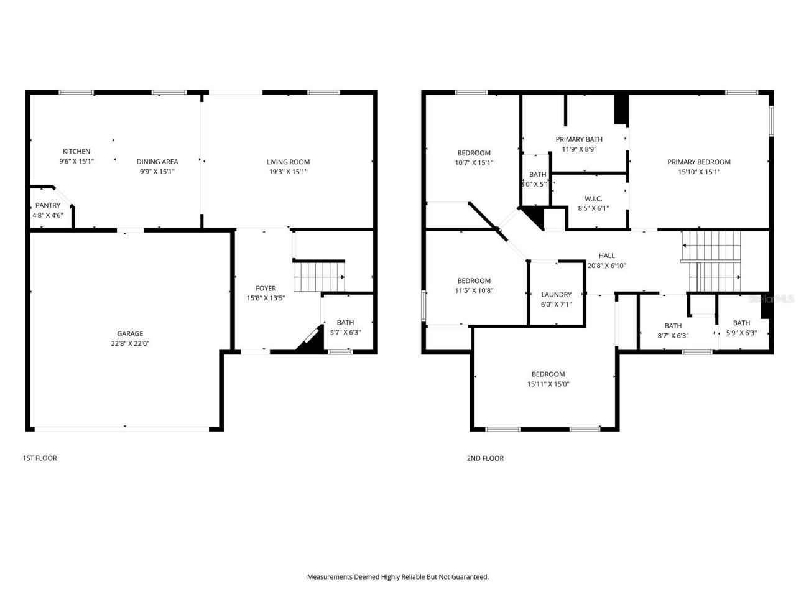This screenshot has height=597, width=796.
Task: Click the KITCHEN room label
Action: [x=76, y=151]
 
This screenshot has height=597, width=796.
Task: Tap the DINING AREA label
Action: [x=157, y=162]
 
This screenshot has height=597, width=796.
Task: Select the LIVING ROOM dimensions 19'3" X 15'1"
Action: [x=288, y=171]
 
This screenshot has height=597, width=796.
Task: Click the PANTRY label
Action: [x=48, y=205]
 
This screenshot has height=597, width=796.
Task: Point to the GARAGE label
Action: [x=130, y=333]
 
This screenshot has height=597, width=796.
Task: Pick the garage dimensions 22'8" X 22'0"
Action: [x=130, y=343]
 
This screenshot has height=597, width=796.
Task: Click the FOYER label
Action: [x=266, y=288]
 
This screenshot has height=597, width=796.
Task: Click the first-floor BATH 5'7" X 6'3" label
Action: [x=345, y=322]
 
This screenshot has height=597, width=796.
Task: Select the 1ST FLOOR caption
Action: [x=40, y=458]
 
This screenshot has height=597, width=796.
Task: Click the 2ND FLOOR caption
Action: [x=485, y=458]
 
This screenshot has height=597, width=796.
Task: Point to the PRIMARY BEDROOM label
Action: [x=698, y=162]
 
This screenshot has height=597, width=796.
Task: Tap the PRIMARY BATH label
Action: [x=579, y=139]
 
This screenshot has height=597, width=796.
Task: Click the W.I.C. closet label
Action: [x=593, y=198]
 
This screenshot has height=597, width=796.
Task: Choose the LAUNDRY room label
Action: [x=556, y=294]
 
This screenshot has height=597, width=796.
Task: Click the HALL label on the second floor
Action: [x=606, y=256]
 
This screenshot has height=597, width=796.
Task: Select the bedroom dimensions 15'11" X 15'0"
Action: [x=548, y=384]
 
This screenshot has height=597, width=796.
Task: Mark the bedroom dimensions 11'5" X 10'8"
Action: [x=474, y=290]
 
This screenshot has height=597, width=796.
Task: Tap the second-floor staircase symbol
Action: [x=713, y=261]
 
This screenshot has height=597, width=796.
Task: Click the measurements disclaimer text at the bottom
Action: [x=398, y=576]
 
